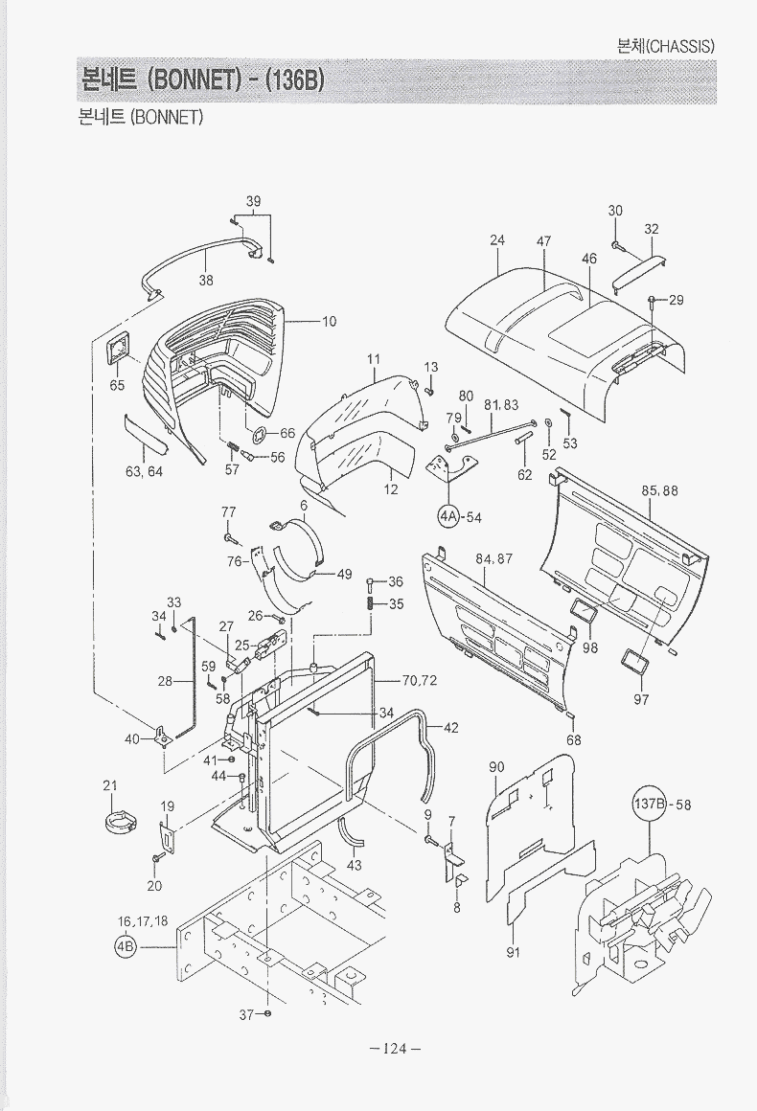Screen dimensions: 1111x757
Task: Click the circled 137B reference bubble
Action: point(649,805)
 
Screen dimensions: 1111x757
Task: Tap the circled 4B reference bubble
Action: point(126,947)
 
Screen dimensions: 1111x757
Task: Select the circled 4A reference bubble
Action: point(449,517)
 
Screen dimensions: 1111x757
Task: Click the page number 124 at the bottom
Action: point(395,1049)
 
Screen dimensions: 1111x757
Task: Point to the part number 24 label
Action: point(497,240)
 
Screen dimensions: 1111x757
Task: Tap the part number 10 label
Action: point(329,322)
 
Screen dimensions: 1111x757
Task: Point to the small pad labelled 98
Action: point(583,612)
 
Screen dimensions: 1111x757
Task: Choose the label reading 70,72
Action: point(419,681)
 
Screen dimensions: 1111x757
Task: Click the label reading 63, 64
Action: point(144,471)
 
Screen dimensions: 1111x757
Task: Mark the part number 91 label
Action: point(513,952)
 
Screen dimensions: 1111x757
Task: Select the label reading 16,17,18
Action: point(143,921)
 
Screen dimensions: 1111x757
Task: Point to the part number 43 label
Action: point(354,865)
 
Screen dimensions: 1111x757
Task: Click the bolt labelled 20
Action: point(156,854)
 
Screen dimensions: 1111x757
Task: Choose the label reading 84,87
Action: point(493,558)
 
